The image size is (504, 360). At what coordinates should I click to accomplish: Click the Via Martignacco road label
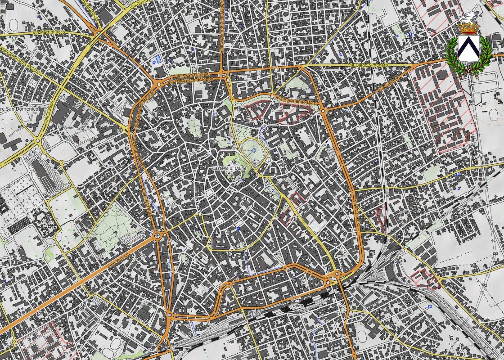pyautogui.click(x=49, y=32)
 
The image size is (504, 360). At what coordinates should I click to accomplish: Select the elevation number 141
pyautogui.click(x=229, y=173)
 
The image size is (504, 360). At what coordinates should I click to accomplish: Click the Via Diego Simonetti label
pyautogui.click(x=368, y=66)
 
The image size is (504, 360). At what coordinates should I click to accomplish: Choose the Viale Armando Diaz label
pyautogui.click(x=295, y=101)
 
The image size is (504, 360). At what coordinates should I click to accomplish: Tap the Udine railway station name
pyautogui.click(x=297, y=306)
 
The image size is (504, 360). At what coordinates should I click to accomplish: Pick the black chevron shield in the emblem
pyautogui.click(x=468, y=49)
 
